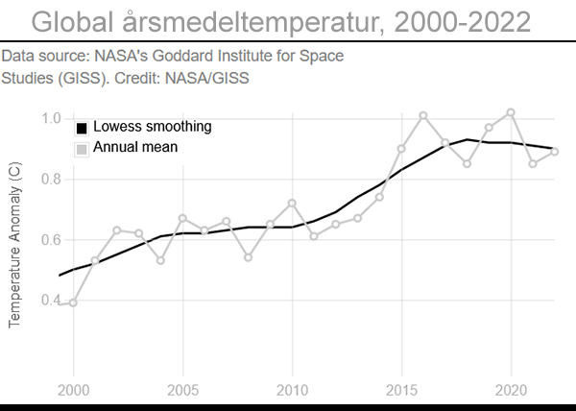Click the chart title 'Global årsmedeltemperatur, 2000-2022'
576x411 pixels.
(x=288, y=21)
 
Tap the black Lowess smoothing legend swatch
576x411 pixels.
(x=82, y=128)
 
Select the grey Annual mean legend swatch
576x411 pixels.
(x=82, y=148)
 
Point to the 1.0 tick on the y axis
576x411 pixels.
(x=51, y=118)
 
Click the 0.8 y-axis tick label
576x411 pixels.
(x=51, y=179)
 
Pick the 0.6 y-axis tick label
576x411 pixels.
(x=51, y=239)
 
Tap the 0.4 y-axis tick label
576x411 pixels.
(x=51, y=300)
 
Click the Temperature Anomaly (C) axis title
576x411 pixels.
(x=13, y=244)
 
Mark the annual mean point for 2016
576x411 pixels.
(x=423, y=115)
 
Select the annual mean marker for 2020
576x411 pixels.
(x=511, y=112)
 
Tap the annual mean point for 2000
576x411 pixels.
(x=73, y=302)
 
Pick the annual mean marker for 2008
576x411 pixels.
(x=248, y=257)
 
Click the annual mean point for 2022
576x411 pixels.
(x=555, y=152)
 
